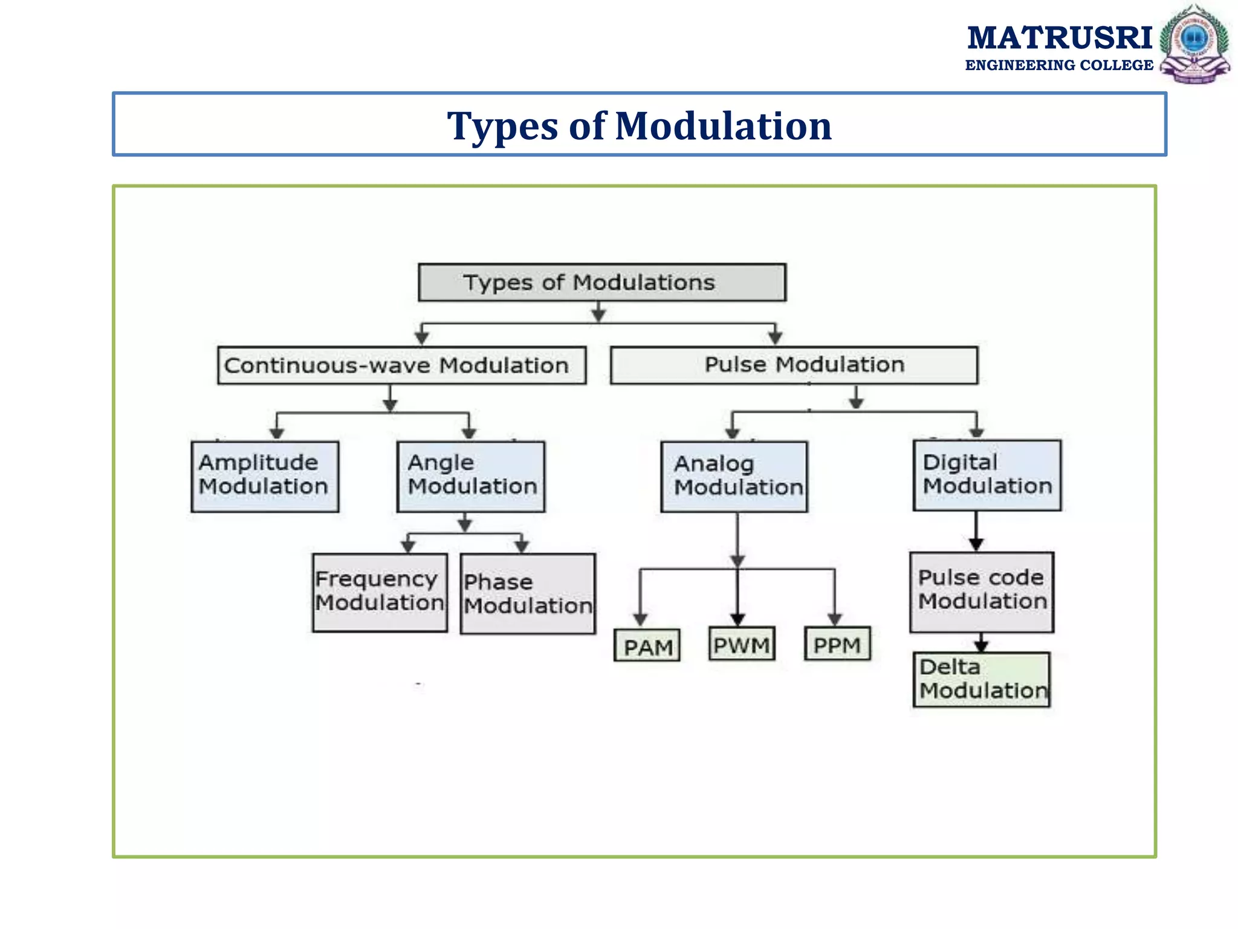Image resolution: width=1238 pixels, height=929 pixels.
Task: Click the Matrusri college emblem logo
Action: tap(1194, 44)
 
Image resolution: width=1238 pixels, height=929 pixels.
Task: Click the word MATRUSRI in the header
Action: tap(1059, 37)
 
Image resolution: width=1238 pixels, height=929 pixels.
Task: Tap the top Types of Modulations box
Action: tap(602, 282)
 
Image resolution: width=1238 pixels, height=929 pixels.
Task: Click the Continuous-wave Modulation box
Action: tap(401, 365)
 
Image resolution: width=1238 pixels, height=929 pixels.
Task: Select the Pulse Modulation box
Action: tap(794, 365)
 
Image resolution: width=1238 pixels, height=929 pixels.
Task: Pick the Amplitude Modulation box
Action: tap(265, 477)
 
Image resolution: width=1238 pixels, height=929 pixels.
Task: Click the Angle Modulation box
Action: tap(471, 477)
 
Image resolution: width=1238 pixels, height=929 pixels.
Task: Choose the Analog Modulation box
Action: tap(734, 477)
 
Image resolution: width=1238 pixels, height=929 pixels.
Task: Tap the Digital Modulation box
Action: tap(987, 475)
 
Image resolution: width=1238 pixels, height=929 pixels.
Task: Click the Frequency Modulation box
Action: tap(380, 593)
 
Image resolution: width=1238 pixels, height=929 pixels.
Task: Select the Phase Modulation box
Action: tap(528, 594)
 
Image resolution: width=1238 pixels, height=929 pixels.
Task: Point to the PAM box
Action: tap(647, 646)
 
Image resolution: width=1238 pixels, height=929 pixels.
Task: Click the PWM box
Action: tap(742, 644)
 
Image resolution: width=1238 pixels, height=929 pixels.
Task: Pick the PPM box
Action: tap(837, 644)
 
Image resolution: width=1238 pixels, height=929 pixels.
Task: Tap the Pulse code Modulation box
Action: tap(982, 592)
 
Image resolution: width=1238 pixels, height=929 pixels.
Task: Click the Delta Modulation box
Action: tap(982, 679)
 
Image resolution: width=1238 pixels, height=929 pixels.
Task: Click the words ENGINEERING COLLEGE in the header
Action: tap(1059, 65)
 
